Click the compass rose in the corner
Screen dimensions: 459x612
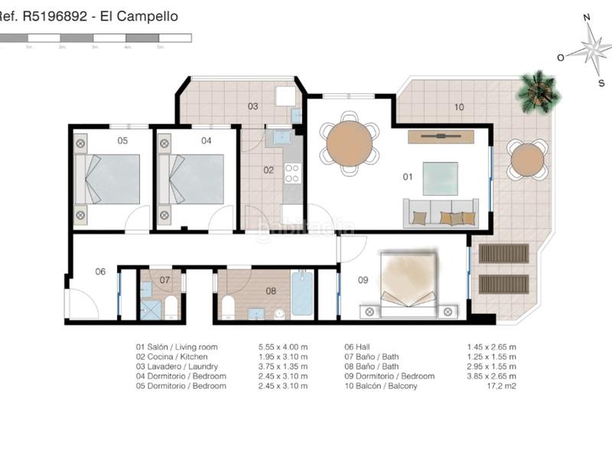click(590, 50)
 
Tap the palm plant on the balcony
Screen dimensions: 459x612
click(540, 91)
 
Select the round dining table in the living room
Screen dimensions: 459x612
click(349, 143)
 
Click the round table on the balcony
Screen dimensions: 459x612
click(527, 159)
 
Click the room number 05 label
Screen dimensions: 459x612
click(122, 140)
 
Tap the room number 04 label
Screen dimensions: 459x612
click(206, 140)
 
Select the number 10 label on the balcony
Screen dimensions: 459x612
click(458, 107)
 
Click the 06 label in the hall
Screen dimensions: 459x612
click(100, 272)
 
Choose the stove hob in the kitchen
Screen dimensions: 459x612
click(292, 174)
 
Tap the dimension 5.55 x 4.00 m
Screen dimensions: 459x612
click(283, 347)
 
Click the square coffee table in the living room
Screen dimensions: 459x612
click(440, 177)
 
